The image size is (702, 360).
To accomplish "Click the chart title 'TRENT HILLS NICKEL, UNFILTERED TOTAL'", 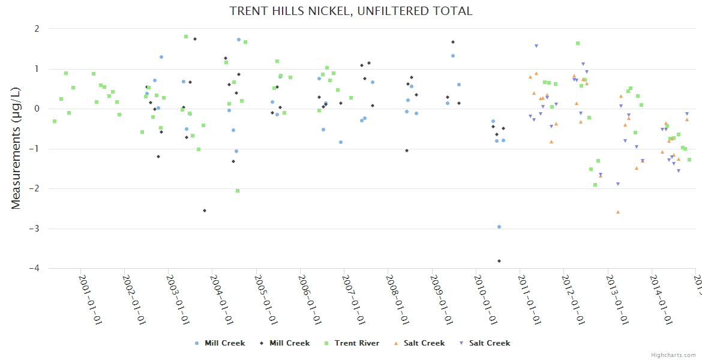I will (x=351, y=11).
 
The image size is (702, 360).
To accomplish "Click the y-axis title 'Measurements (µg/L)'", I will (x=16, y=149).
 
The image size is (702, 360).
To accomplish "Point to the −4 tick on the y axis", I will (x=35, y=269).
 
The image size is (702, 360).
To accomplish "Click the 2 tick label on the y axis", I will (x=37, y=29).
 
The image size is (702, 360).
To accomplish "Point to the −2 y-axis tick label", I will (x=35, y=189).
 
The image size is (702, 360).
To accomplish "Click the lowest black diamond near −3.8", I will (x=499, y=261).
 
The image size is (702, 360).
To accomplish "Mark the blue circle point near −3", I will (x=499, y=227).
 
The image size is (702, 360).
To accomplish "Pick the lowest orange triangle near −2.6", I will (x=618, y=212).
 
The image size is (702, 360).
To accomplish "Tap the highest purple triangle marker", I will (x=536, y=46).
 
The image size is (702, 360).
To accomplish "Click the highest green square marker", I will (x=186, y=37).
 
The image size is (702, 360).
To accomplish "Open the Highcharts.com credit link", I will (x=673, y=355).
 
